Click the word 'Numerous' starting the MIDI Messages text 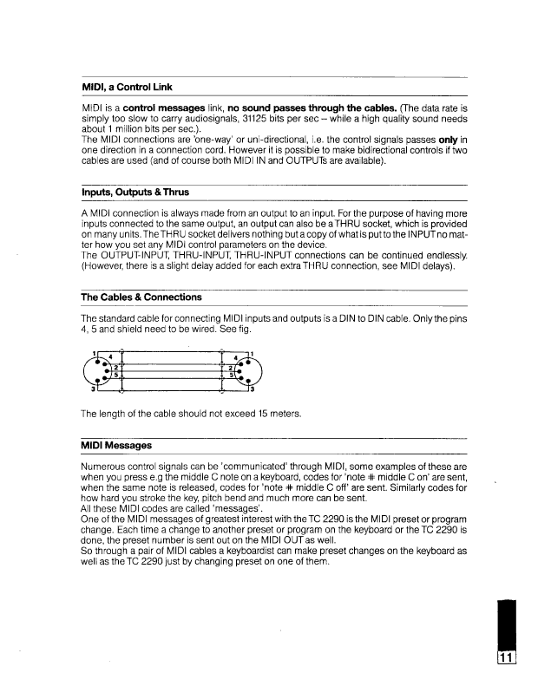click(102, 466)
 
